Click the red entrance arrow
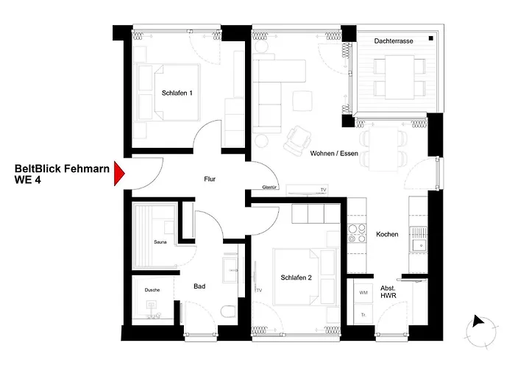tap(119, 174)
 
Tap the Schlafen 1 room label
tap(177, 93)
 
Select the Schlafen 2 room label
tap(296, 277)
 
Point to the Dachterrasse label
tap(394, 41)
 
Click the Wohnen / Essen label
tap(334, 153)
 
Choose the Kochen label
tap(387, 234)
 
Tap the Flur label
tap(210, 179)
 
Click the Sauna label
tap(160, 242)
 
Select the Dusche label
tap(152, 290)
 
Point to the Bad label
tap(199, 286)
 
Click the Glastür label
tap(269, 187)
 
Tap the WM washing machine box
tap(363, 292)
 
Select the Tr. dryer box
tap(363, 314)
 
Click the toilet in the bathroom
tap(229, 311)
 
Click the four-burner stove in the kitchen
tap(357, 233)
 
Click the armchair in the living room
tap(298, 141)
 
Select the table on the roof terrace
tap(399, 77)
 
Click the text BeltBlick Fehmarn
tap(62, 169)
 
